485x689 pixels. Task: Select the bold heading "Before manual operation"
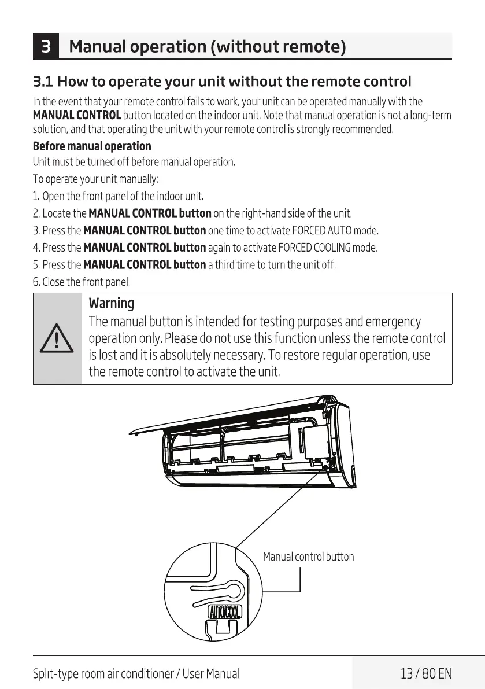click(92, 146)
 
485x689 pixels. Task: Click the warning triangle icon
click(57, 338)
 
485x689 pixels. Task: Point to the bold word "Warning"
click(111, 303)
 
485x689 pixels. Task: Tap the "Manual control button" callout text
click(308, 557)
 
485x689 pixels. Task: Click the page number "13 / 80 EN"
click(426, 673)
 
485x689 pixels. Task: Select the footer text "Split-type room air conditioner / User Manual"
click(136, 673)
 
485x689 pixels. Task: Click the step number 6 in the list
click(36, 283)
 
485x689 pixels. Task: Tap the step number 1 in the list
click(36, 197)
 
